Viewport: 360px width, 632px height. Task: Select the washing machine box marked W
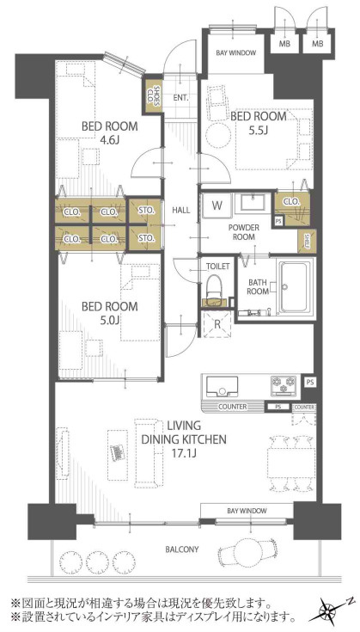[x=217, y=206]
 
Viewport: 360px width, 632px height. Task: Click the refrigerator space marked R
[x=217, y=324]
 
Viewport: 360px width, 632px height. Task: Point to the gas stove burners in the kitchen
[x=284, y=384]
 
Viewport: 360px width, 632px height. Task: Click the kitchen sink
[x=222, y=387]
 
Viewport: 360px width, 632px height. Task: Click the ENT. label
[x=181, y=97]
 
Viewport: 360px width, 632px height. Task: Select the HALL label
[x=180, y=210]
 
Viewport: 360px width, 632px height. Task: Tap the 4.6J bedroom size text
[x=109, y=139]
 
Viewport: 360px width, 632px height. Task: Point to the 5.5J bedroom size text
[x=258, y=130]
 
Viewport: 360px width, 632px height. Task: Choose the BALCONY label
[x=181, y=549]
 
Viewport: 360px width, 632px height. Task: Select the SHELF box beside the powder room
[x=307, y=242]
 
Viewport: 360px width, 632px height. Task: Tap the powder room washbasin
[x=253, y=202]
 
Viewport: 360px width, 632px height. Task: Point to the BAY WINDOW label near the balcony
[x=247, y=511]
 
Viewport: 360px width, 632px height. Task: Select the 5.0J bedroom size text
[x=109, y=321]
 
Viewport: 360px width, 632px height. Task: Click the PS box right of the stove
[x=308, y=382]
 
